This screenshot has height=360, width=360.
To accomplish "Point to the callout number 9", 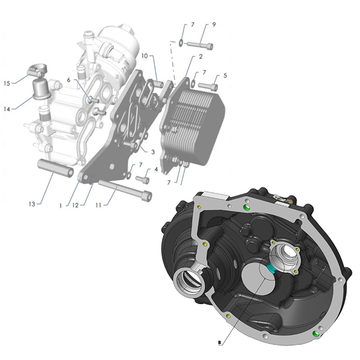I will (214, 25).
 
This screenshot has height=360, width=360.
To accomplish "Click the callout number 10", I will (145, 56).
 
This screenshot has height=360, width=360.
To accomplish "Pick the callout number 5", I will (225, 76).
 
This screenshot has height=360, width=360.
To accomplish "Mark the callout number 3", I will (153, 152).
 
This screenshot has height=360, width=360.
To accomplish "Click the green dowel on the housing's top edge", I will (247, 208).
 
